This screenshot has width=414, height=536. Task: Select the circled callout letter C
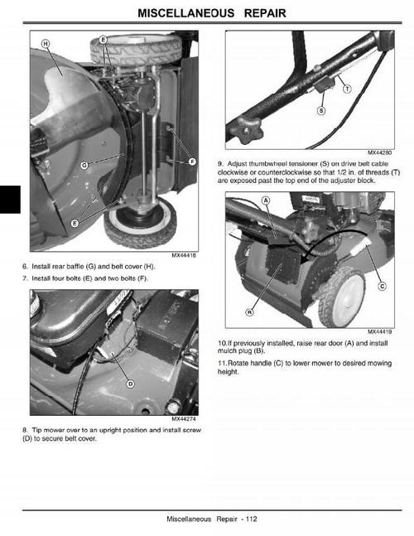tap(382, 287)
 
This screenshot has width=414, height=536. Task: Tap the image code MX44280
tap(380, 152)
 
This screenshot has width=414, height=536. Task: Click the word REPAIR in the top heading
tap(254, 14)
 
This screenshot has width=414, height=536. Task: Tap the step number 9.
tap(220, 164)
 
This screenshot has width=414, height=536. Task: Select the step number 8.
tap(25, 430)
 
